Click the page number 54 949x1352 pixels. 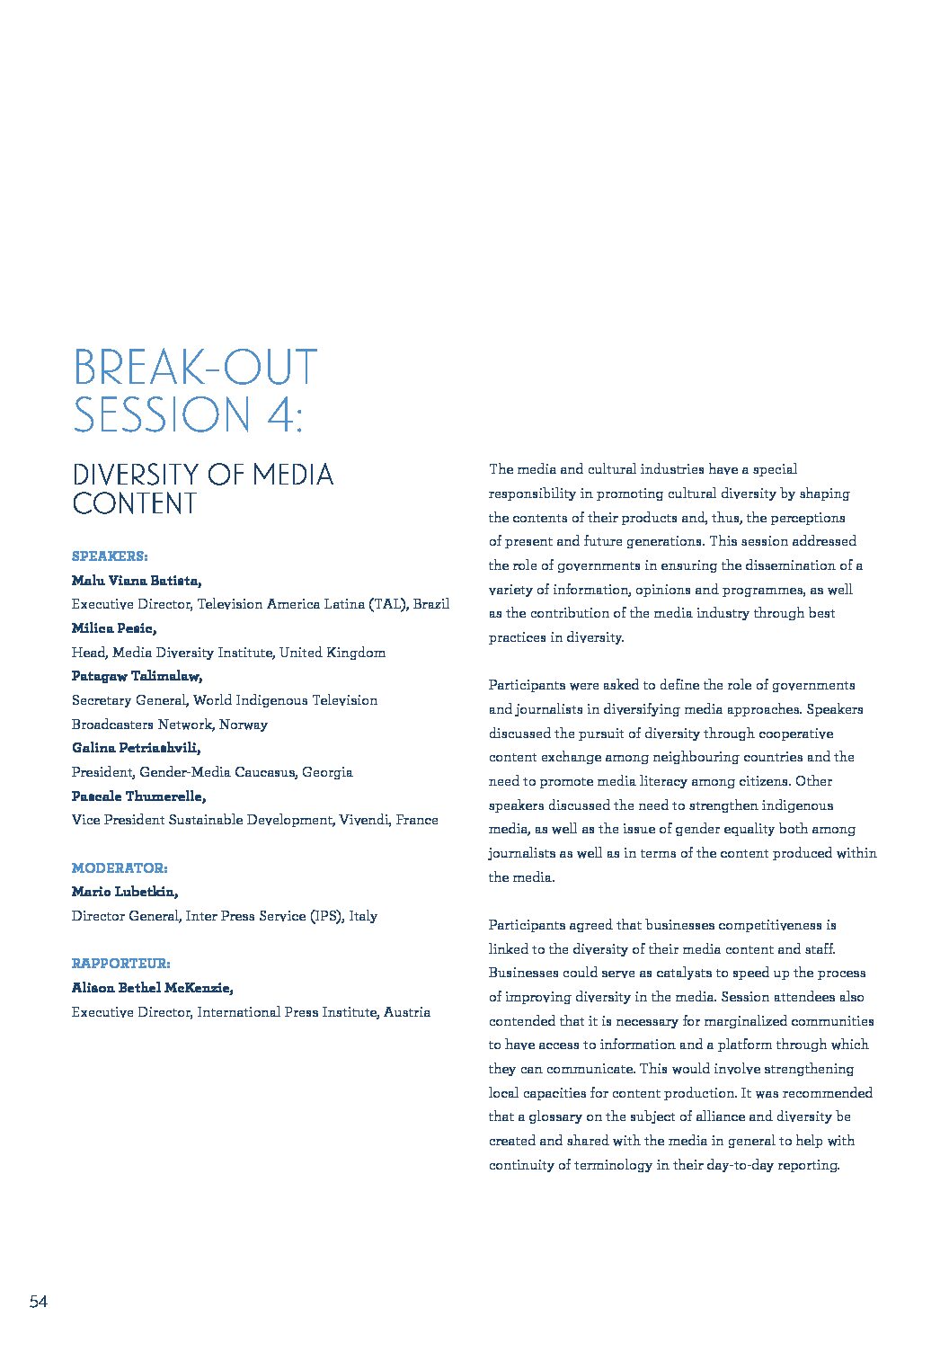[x=39, y=1302]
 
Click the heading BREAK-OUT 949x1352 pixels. [x=195, y=369]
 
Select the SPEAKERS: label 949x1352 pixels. [x=110, y=556]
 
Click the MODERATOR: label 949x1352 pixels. [x=120, y=868]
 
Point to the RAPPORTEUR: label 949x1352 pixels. [x=120, y=964]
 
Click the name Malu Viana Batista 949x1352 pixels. [x=137, y=581]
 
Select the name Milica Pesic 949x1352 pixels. [x=114, y=628]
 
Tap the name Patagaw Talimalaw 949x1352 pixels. [x=137, y=676]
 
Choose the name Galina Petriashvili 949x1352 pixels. [x=136, y=748]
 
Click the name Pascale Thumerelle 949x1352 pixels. [x=138, y=796]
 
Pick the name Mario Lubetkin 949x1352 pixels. [x=125, y=892]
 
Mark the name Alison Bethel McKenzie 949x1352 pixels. [x=153, y=988]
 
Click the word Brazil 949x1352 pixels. [x=431, y=604]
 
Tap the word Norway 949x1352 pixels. [x=243, y=725]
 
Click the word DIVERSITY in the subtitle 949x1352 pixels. [x=136, y=475]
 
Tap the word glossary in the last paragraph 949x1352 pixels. [x=555, y=1116]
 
